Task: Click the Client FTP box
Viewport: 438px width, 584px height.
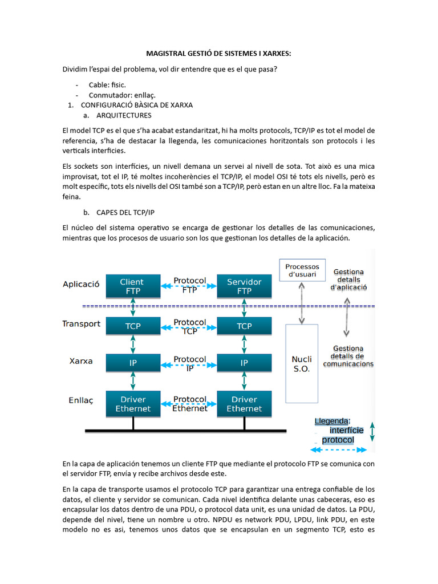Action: click(132, 286)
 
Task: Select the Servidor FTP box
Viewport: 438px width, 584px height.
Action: click(244, 286)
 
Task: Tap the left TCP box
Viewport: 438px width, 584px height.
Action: click(132, 326)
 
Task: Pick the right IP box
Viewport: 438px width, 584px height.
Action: click(244, 363)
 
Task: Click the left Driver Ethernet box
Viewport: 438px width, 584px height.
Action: click(133, 404)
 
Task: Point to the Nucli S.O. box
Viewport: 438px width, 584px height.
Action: click(301, 364)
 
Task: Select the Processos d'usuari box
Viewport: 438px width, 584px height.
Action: click(302, 270)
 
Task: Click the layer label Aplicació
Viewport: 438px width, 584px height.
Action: click(81, 283)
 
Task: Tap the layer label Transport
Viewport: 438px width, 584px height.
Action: click(81, 324)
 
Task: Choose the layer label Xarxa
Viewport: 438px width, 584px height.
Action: click(81, 361)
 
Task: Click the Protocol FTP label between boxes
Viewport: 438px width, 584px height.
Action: click(189, 285)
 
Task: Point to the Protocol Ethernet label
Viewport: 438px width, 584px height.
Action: click(189, 404)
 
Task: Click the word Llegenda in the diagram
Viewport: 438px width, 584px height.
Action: click(332, 421)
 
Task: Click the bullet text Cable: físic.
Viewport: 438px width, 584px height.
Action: click(107, 85)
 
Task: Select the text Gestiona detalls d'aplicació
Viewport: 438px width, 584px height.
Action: click(348, 279)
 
